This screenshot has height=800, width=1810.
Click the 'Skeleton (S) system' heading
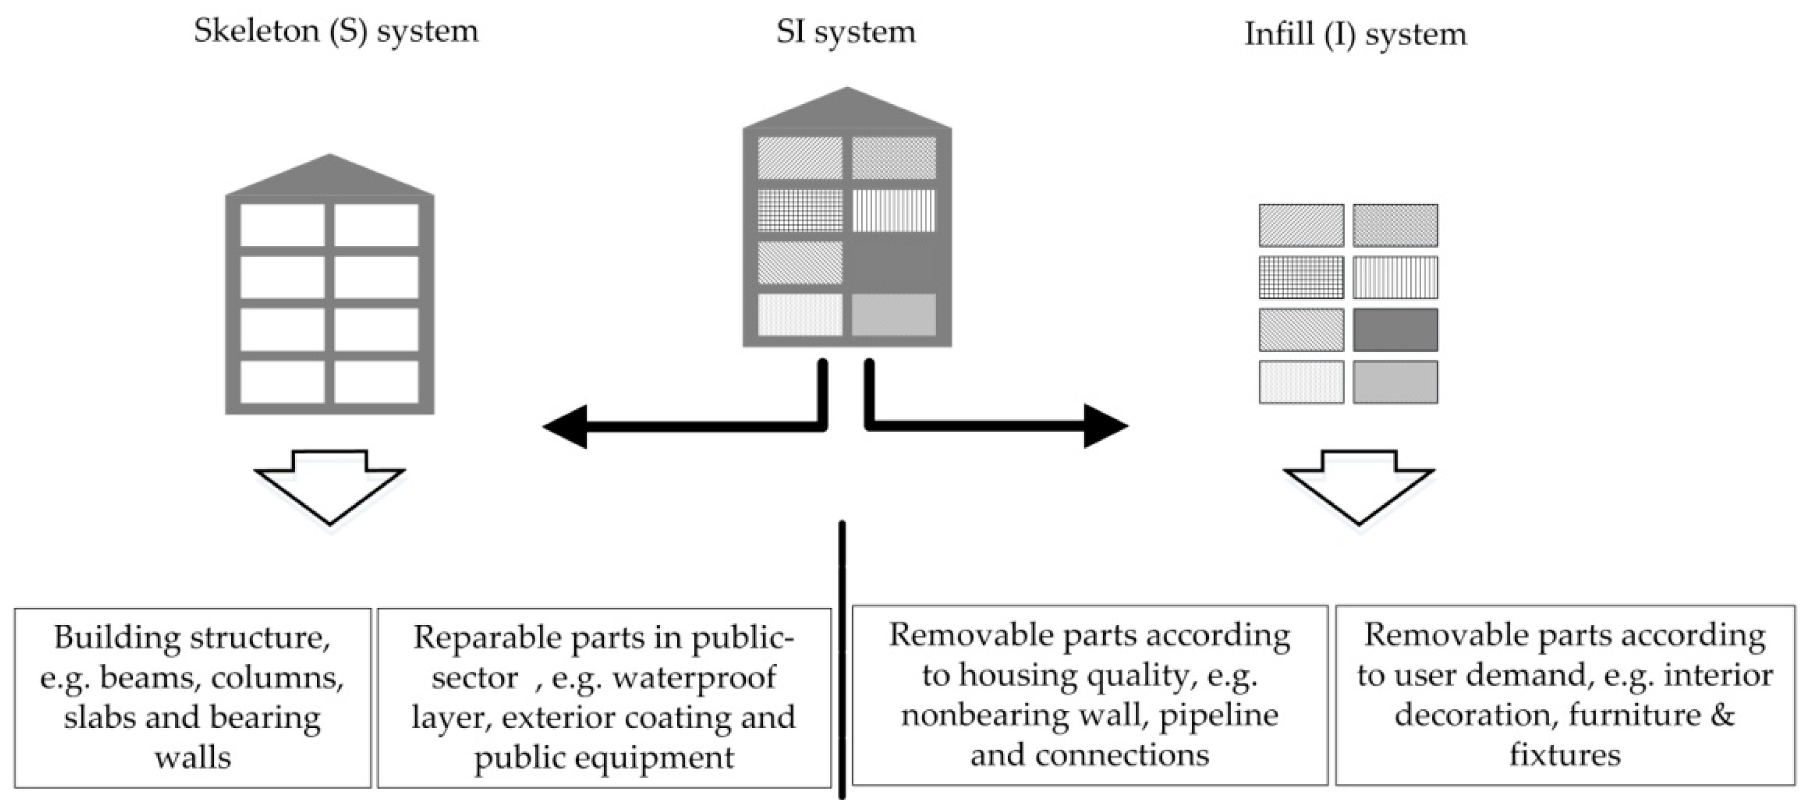336,31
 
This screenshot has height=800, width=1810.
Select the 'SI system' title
845,33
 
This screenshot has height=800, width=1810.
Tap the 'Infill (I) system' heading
1355,34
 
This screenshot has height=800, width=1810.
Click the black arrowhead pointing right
1104,425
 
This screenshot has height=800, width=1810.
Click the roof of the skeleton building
329,178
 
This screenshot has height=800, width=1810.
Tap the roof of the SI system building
847,111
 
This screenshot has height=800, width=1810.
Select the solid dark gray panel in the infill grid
1395,330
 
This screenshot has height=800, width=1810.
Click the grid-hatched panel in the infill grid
1300,277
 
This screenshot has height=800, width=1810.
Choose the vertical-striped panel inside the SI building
894,210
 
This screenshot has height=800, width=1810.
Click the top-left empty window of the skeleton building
283,225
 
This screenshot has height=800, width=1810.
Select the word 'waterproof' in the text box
694,678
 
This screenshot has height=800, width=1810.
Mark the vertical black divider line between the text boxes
842,660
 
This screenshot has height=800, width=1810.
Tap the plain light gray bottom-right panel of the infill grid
1395,382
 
